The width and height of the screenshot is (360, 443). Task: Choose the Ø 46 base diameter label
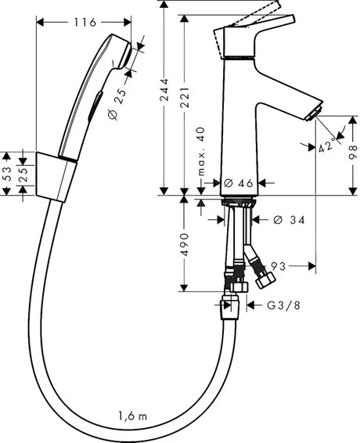click(236, 183)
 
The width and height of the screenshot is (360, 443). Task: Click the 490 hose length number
click(185, 243)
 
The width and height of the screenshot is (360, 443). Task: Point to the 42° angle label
click(329, 146)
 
